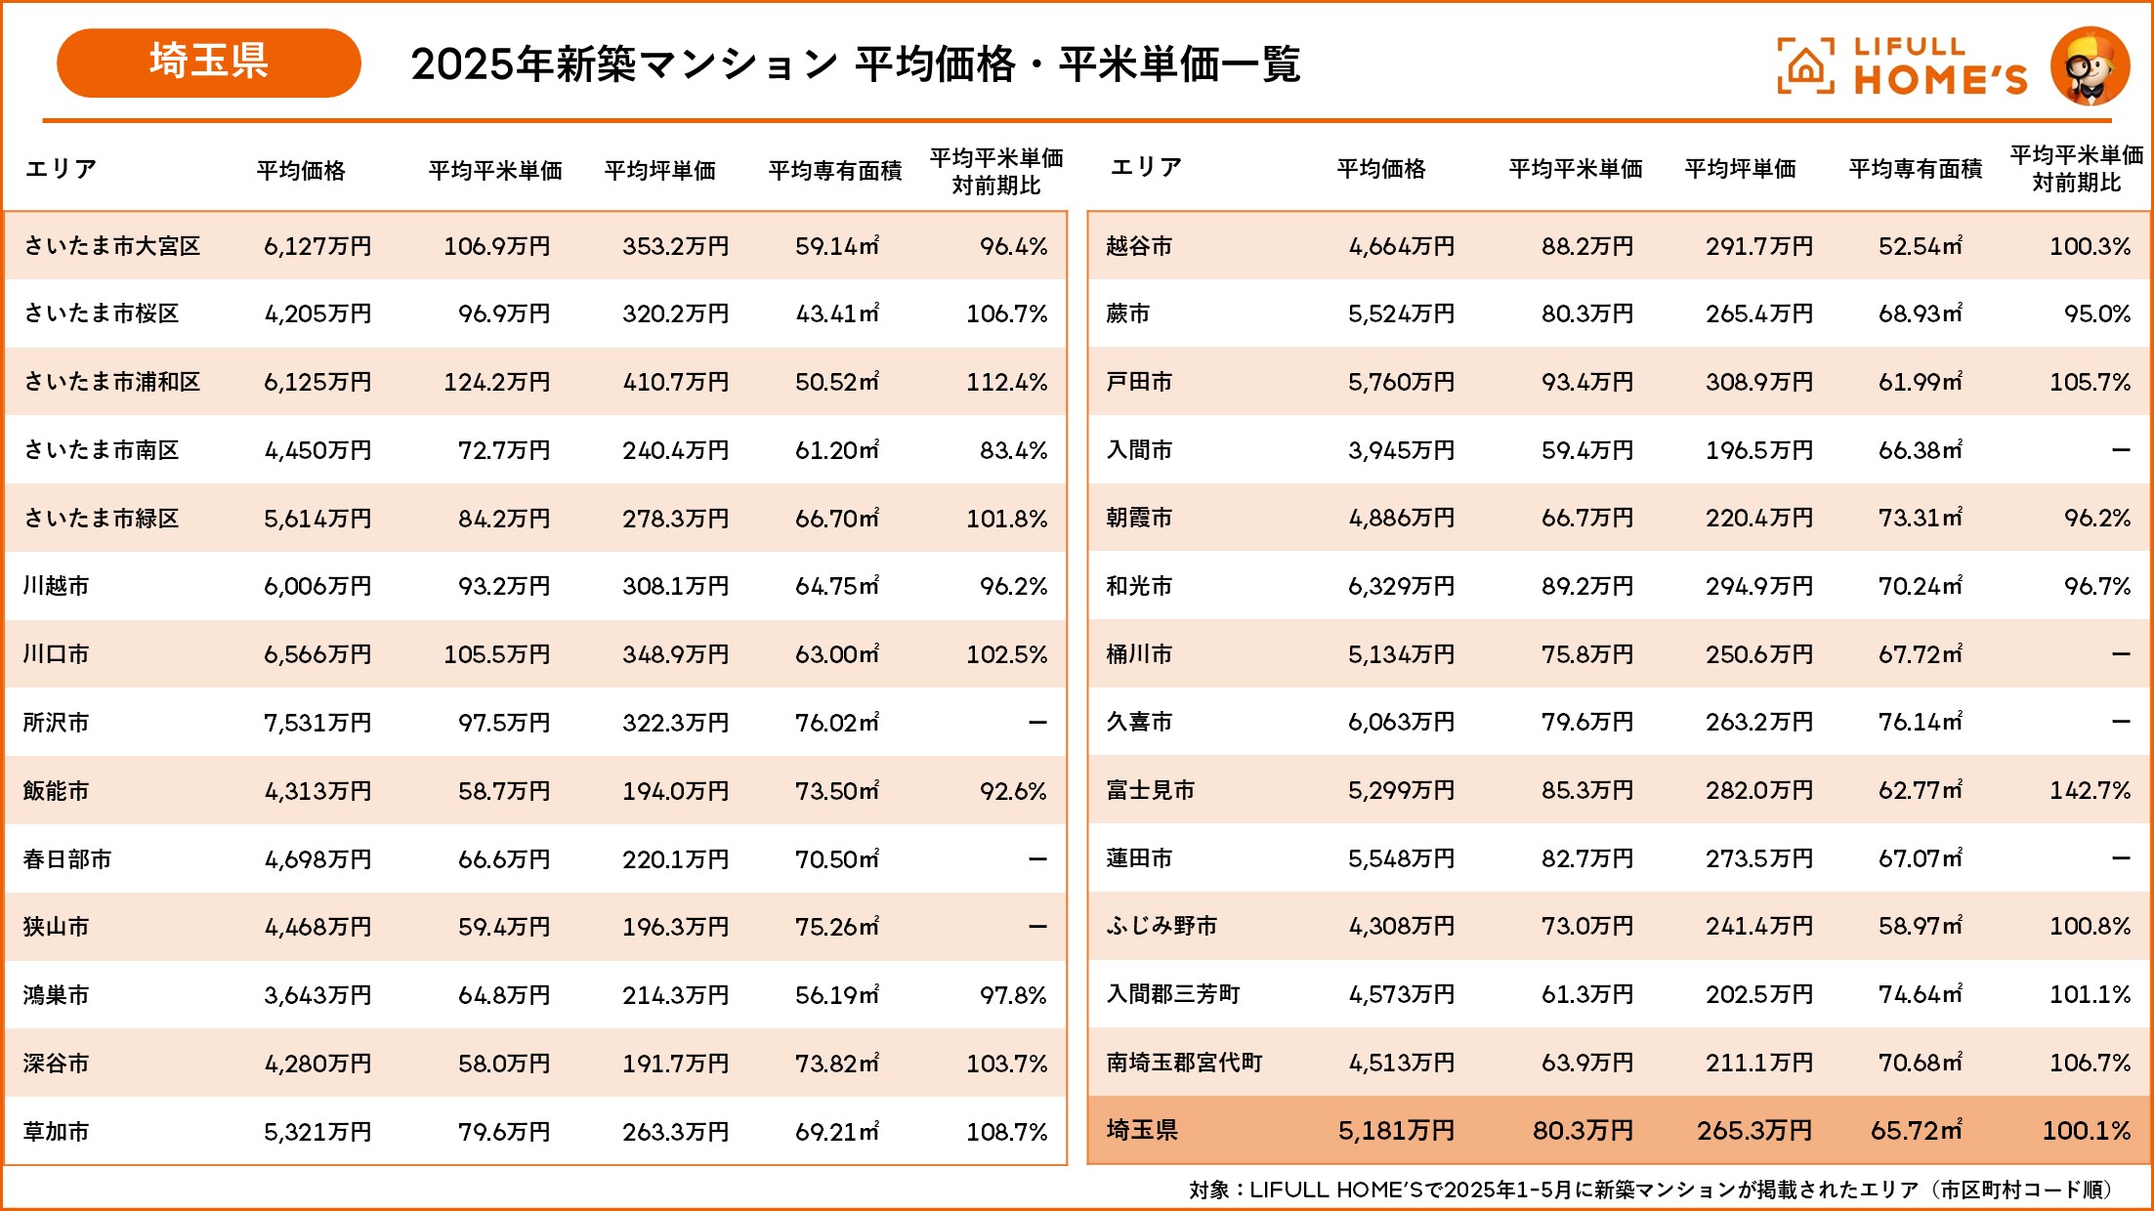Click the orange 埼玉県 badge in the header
[x=208, y=63]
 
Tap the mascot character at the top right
[x=2090, y=66]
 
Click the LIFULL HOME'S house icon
[x=1805, y=66]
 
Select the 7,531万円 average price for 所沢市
[x=317, y=723]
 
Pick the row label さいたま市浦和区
[x=111, y=382]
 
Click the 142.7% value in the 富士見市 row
[x=2090, y=790]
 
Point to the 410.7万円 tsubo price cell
[x=675, y=382]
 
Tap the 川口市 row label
[x=56, y=654]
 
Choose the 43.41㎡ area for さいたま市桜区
[x=837, y=313]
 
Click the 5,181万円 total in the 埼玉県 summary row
[x=1396, y=1131]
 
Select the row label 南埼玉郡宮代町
[x=1184, y=1063]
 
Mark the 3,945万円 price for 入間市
[x=1401, y=450]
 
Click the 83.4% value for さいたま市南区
[x=1013, y=450]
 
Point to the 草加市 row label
[x=56, y=1132]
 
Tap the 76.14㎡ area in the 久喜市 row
[x=1920, y=722]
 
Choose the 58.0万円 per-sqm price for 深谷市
[x=504, y=1064]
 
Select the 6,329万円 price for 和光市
[x=1401, y=586]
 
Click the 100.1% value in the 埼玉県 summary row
[x=2086, y=1131]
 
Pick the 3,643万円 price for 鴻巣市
[x=317, y=995]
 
